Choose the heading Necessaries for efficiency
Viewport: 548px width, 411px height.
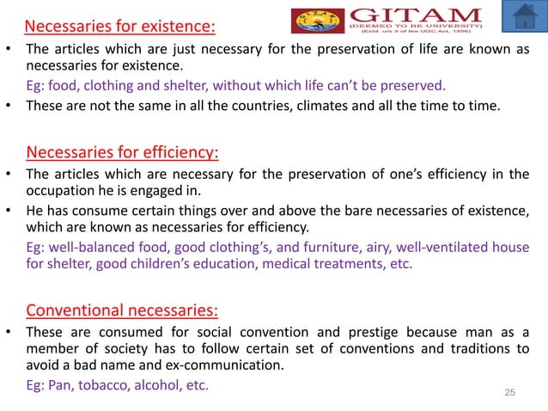pyautogui.click(x=123, y=154)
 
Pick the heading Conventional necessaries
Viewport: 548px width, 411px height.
pyautogui.click(x=122, y=310)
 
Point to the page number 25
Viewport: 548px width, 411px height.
pyautogui.click(x=509, y=392)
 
